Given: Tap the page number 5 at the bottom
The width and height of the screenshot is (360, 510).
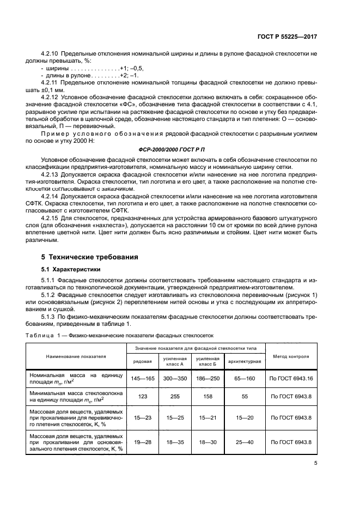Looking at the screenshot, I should coord(316,463).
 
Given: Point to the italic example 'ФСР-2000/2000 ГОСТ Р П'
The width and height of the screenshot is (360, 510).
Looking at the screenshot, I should coord(180,148).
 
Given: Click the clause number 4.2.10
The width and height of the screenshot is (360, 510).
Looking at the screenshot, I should coord(51,54).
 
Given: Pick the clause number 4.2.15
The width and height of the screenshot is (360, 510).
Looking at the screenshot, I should coord(51,218).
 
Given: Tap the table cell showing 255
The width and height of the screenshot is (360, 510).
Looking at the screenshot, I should coord(175,398).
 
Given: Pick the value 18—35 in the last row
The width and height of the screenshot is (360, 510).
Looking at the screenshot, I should coord(175,442).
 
